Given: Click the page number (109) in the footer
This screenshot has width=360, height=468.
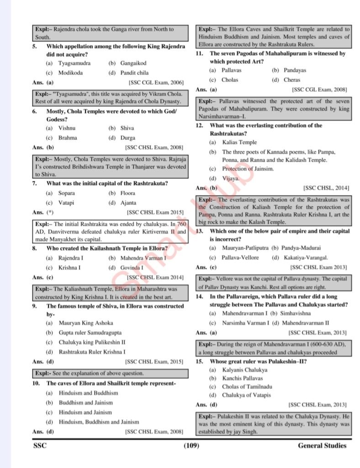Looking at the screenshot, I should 191,446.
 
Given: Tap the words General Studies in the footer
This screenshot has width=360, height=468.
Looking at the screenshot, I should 322,446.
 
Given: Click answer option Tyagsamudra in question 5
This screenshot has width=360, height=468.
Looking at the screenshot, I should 74,63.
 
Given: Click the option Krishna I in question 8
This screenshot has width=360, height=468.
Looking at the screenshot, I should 69,267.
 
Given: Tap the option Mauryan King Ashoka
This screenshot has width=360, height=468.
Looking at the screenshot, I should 86,323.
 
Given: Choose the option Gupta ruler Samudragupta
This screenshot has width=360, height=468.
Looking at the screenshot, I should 90,333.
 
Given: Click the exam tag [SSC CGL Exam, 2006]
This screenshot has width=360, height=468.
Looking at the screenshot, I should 156,82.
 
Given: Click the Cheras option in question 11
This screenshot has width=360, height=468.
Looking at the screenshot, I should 292,80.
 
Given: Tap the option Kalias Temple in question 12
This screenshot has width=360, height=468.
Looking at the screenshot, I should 239,143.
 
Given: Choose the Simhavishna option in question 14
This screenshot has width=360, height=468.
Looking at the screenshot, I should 297,314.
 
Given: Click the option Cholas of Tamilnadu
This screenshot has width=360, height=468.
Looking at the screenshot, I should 247,387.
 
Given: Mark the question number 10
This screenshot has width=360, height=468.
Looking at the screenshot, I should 37,383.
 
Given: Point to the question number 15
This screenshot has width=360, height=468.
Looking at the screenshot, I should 199,361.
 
